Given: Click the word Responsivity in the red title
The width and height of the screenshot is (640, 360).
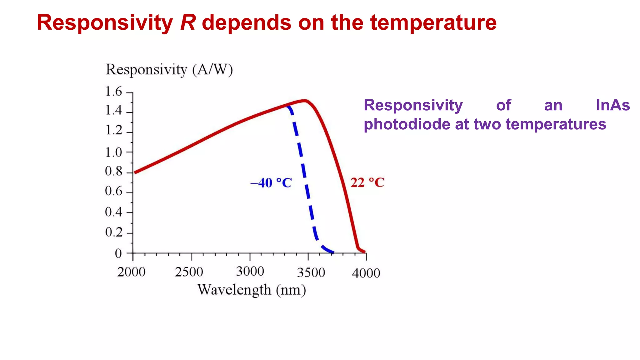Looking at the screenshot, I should [x=105, y=23].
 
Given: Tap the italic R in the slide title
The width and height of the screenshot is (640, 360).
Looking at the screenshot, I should [x=188, y=22].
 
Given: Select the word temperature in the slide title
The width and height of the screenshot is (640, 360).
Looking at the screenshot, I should [x=433, y=23].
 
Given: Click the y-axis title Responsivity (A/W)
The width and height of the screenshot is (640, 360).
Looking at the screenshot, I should [x=169, y=70].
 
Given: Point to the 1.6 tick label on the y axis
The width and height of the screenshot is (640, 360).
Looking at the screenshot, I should [x=113, y=92].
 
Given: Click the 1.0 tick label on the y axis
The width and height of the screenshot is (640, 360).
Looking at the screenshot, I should [x=113, y=152].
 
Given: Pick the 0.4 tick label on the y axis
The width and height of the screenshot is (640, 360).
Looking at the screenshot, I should [x=113, y=212].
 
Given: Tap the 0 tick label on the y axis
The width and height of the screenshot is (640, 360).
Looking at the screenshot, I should [x=118, y=253].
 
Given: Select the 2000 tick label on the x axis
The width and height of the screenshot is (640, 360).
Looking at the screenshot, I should [x=131, y=272].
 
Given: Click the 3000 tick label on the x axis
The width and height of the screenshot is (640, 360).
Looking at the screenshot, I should [x=250, y=272].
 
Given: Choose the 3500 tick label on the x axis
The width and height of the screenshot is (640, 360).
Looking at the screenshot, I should [x=311, y=273].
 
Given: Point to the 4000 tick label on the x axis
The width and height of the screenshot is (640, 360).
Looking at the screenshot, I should [x=366, y=273].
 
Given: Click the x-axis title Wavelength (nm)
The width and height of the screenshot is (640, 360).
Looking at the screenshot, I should [x=252, y=290].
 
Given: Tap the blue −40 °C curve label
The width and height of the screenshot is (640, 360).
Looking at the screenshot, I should [x=271, y=183].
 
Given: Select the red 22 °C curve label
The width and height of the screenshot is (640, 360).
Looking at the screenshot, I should [x=367, y=182].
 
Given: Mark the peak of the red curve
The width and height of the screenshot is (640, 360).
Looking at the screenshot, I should [x=305, y=100].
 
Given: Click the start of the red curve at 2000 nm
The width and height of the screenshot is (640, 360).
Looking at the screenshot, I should [x=135, y=172].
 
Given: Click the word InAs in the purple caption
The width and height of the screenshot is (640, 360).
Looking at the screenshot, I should [x=612, y=105].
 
